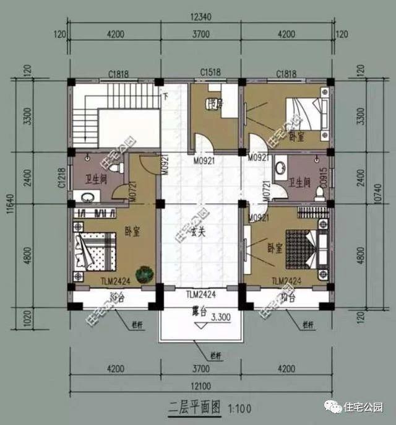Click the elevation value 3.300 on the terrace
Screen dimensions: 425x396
[x=222, y=318]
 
